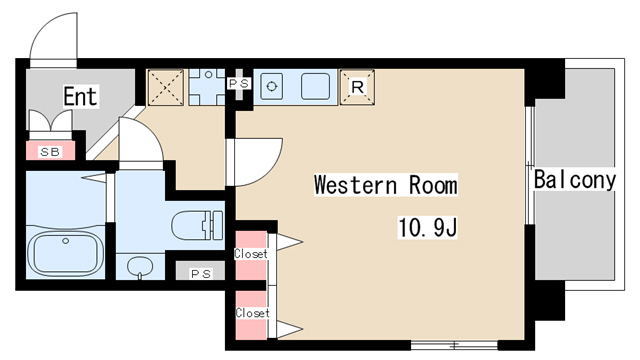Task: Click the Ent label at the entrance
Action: click(x=80, y=96)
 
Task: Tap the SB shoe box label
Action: click(x=50, y=152)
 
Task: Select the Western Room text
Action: click(x=385, y=185)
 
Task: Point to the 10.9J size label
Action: click(x=427, y=227)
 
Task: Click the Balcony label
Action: click(x=575, y=179)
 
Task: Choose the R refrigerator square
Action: click(x=357, y=87)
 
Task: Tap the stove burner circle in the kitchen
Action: click(x=271, y=87)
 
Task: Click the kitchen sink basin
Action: click(x=315, y=87)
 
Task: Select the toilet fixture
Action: click(x=197, y=225)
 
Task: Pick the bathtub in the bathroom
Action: click(x=66, y=253)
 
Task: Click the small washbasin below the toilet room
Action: click(x=140, y=267)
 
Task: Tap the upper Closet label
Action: click(x=251, y=253)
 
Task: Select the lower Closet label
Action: click(x=252, y=313)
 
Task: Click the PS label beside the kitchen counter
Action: click(x=238, y=83)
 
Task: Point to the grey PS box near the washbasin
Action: click(x=200, y=271)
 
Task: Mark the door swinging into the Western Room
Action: click(x=254, y=162)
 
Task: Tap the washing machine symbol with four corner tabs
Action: click(x=207, y=87)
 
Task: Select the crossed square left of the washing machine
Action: click(x=165, y=87)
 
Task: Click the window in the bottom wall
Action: click(x=454, y=345)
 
